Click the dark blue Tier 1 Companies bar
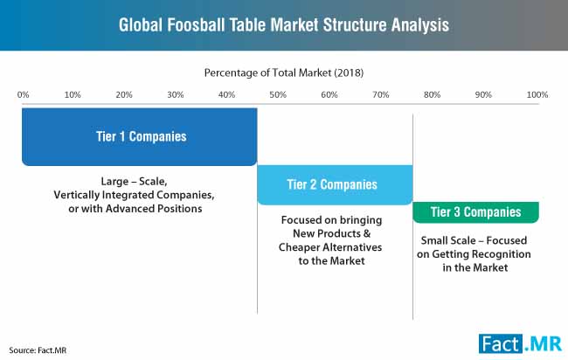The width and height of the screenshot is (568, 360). [x=140, y=136]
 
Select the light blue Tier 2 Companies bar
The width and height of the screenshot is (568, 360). [x=335, y=184]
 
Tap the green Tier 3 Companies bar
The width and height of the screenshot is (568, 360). [x=475, y=212]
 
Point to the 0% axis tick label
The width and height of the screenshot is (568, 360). [x=23, y=95]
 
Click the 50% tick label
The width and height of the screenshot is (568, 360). [x=278, y=95]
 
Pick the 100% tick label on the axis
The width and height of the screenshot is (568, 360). [x=537, y=95]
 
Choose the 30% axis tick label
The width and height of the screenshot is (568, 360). [x=176, y=95]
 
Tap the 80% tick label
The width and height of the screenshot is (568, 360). [x=433, y=95]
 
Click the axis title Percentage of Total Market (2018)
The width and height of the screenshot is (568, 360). [x=284, y=73]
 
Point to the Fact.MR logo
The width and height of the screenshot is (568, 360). [x=520, y=343]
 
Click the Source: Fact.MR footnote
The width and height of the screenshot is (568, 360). [x=38, y=350]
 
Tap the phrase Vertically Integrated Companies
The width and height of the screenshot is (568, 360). [x=134, y=195]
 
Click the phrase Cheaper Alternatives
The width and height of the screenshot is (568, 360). [x=330, y=247]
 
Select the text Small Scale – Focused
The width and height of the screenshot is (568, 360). [x=474, y=240]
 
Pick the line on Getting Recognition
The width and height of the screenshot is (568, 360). [x=474, y=254]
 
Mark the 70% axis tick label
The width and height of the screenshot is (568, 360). [x=381, y=95]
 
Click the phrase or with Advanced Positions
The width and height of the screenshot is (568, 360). [x=135, y=209]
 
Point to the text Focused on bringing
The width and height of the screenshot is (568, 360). [x=331, y=220]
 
